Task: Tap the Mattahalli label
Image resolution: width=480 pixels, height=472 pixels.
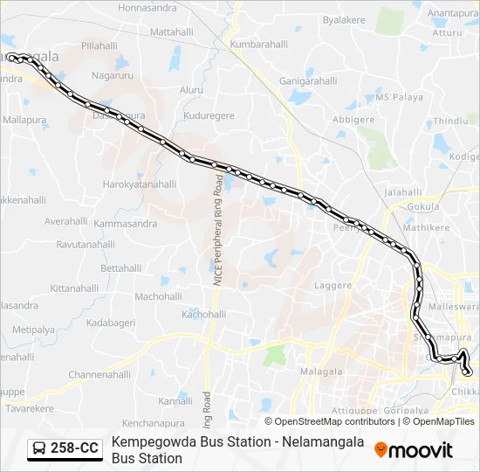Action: click(x=171, y=31)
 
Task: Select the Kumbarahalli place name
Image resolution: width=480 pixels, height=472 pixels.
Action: click(x=258, y=44)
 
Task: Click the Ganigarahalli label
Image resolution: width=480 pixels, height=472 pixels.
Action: click(x=308, y=80)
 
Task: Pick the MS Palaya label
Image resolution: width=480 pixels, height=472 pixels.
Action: click(x=398, y=98)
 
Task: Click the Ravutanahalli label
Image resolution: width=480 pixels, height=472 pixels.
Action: click(x=86, y=245)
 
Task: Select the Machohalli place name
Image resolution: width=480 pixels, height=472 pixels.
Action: click(x=158, y=296)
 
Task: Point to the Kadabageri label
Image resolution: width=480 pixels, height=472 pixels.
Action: click(x=110, y=323)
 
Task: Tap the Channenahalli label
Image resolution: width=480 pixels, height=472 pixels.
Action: click(x=99, y=374)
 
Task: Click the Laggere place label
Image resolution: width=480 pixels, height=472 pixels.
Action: click(x=333, y=285)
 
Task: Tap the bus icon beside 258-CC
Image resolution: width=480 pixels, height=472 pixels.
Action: click(x=39, y=448)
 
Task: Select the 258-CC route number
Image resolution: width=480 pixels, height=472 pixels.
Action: click(x=74, y=448)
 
